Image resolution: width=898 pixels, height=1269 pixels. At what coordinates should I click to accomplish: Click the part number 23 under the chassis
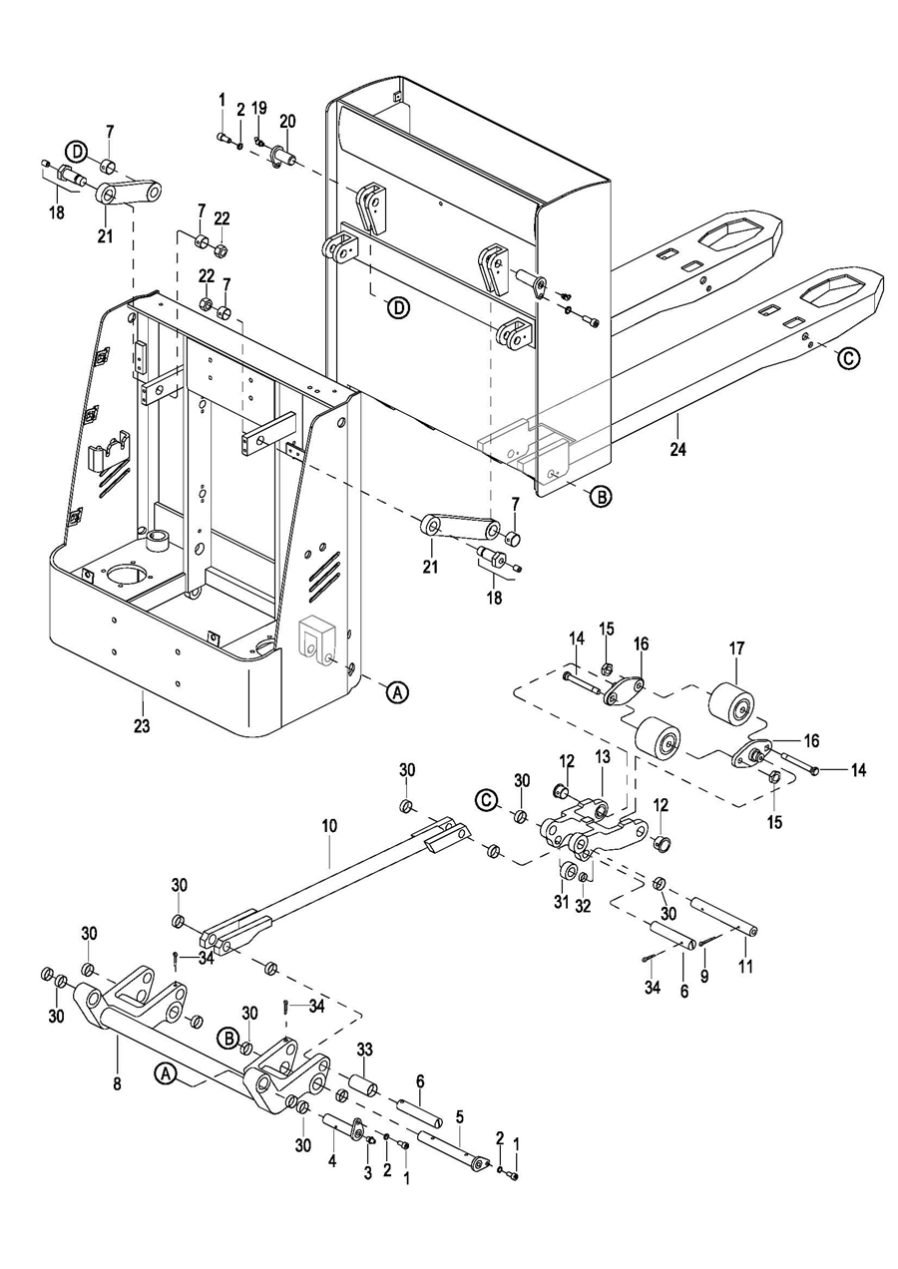(142, 725)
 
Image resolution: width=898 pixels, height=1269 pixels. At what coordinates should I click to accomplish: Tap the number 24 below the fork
(677, 449)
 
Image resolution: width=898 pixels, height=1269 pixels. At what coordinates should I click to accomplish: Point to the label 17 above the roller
(736, 648)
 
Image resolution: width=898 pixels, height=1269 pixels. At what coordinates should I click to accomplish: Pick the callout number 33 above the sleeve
(365, 1050)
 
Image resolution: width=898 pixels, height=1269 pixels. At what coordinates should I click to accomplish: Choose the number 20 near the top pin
(287, 121)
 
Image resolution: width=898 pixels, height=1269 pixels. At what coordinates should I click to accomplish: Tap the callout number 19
(258, 108)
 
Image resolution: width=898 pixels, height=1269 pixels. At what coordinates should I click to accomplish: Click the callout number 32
(583, 906)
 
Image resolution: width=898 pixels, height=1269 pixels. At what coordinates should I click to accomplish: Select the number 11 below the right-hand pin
(746, 966)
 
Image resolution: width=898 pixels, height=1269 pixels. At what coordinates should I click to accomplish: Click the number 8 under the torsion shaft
(118, 1084)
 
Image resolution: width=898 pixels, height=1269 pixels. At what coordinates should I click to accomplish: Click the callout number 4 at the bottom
(332, 1161)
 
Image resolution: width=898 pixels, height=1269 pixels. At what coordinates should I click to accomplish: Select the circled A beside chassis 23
(397, 691)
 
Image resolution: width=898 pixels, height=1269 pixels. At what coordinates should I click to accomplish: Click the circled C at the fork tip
(848, 358)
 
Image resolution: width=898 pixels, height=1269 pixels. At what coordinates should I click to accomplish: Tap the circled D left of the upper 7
(77, 152)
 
